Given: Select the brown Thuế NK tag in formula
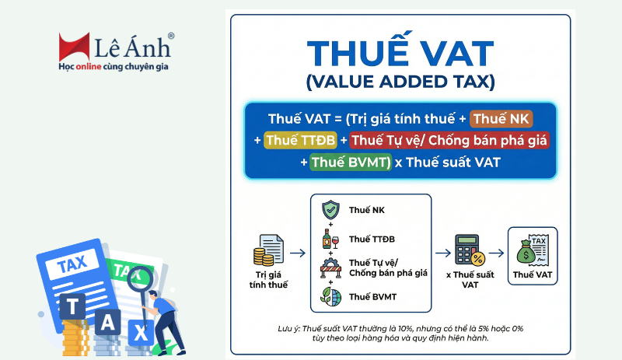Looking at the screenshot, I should click(501, 119).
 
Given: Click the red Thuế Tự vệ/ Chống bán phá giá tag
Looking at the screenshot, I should click(450, 141).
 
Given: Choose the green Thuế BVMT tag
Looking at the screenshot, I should click(350, 163).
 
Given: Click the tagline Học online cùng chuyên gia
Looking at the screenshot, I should click(114, 68).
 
